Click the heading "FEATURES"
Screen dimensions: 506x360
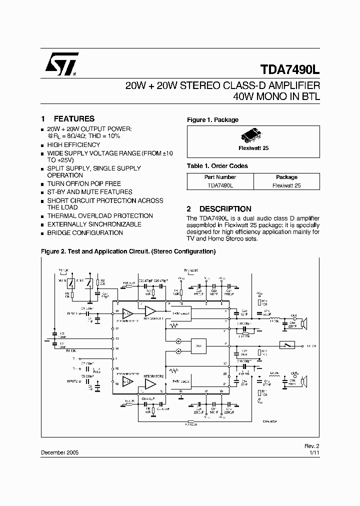pyautogui.click(x=74, y=119)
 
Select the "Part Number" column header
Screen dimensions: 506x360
pyautogui.click(x=220, y=177)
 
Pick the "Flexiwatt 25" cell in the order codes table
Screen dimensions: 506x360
pyautogui.click(x=286, y=185)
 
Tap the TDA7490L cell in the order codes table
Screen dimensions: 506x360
pyautogui.click(x=220, y=185)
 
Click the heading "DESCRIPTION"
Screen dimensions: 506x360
pyautogui.click(x=225, y=209)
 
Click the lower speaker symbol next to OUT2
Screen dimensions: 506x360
pyautogui.click(x=304, y=382)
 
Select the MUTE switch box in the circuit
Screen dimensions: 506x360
pyautogui.click(x=72, y=284)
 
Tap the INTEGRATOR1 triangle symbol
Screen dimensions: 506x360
pyautogui.click(x=150, y=312)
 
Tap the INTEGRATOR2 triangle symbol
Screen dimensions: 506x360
pyautogui.click(x=150, y=384)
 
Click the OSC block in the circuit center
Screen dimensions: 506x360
pyautogui.click(x=198, y=345)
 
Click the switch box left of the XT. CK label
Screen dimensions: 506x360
pyautogui.click(x=286, y=345)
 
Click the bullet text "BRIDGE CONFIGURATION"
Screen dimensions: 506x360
pyautogui.click(x=85, y=232)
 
